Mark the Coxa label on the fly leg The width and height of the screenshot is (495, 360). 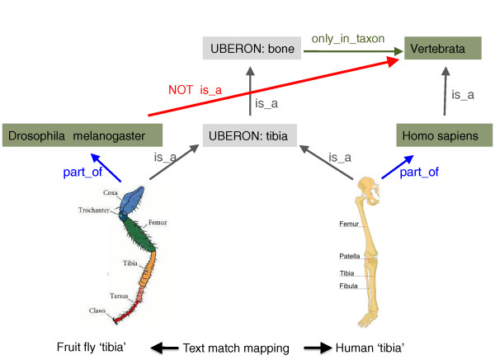(x=111, y=192)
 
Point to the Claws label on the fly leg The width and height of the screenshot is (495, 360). (x=98, y=310)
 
